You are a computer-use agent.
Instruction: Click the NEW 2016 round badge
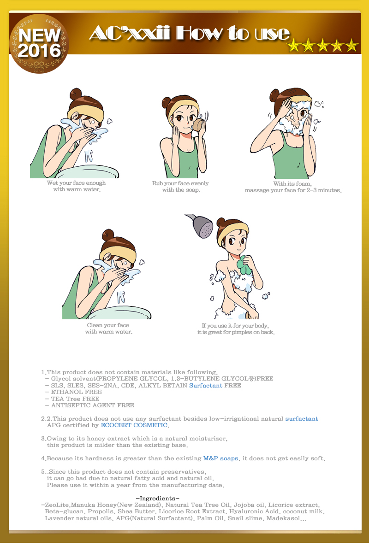click(39, 43)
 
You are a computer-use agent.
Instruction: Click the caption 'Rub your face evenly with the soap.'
click(180, 187)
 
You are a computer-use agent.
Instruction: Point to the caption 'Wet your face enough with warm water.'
click(76, 186)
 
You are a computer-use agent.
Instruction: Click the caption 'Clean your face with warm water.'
click(108, 329)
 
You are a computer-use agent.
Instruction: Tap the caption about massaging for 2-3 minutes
click(293, 187)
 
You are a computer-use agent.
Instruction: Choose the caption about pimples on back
click(236, 329)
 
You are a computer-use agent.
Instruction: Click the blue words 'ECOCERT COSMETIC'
click(134, 425)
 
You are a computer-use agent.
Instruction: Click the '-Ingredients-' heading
click(157, 498)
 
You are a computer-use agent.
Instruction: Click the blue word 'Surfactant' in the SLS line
click(206, 386)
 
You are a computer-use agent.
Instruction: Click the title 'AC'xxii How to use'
click(189, 34)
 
